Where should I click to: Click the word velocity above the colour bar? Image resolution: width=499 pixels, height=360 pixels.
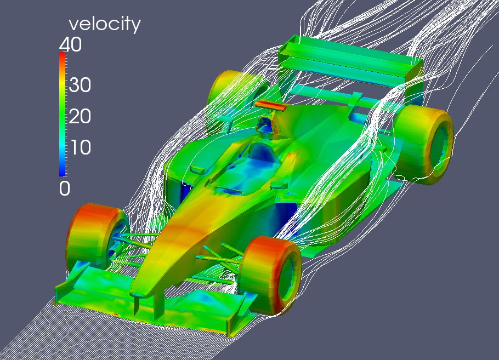(105, 25)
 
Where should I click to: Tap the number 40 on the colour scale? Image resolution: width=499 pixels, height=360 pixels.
(70, 44)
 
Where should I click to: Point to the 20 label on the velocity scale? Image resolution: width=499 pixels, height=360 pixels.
(80, 116)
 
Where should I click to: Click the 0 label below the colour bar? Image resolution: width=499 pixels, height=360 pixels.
(65, 188)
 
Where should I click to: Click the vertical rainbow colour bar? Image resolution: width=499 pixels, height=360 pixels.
(63, 114)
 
